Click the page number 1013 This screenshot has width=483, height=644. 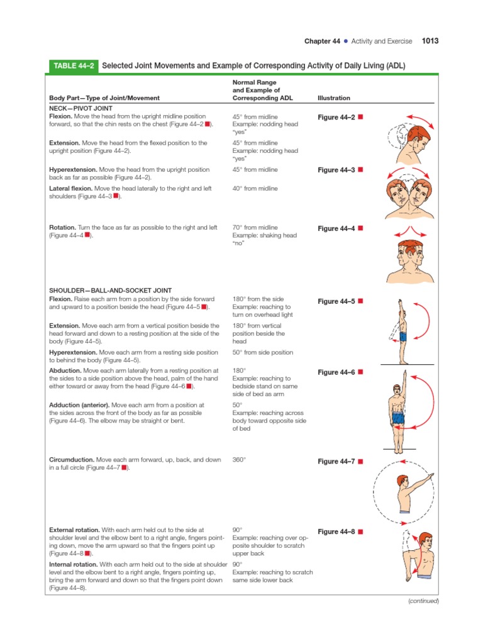pos(430,41)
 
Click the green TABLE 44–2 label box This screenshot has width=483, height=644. pos(73,65)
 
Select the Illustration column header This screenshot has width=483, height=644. pos(334,98)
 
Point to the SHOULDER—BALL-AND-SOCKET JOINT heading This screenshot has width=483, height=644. pos(103,290)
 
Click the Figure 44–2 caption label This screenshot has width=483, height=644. pos(336,118)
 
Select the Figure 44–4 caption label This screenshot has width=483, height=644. pos(336,228)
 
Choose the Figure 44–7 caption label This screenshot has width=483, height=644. pos(336,462)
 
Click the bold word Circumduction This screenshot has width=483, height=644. pos(71,460)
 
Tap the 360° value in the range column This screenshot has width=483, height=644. pos(239,460)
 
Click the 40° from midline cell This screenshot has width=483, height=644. pos(255,188)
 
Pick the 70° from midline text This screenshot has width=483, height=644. pos(255,228)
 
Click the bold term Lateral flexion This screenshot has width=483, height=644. pos(71,188)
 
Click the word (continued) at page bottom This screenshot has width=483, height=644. pos(423,601)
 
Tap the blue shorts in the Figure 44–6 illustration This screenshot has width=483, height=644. pos(397,418)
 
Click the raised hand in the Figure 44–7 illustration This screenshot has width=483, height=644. pos(430,477)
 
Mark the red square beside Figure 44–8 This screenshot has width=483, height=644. pos(360,531)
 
